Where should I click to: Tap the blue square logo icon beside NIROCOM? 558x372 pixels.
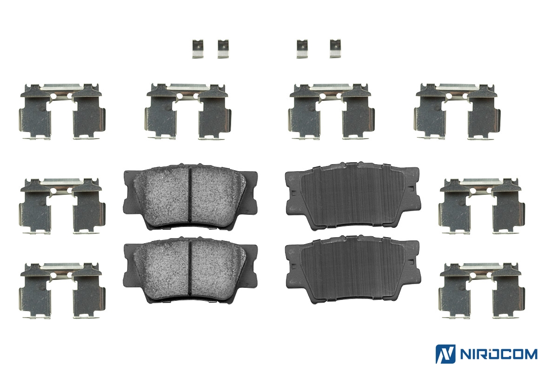coord(445,354)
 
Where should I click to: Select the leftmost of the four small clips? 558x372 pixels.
coord(198,49)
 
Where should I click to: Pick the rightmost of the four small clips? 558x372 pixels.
coord(335,48)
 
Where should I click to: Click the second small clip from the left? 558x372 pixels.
coord(223,49)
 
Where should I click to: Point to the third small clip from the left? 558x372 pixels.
coord(302,49)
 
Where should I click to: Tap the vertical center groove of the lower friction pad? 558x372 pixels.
coord(190,267)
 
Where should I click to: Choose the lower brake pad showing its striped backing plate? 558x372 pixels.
coord(353,270)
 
